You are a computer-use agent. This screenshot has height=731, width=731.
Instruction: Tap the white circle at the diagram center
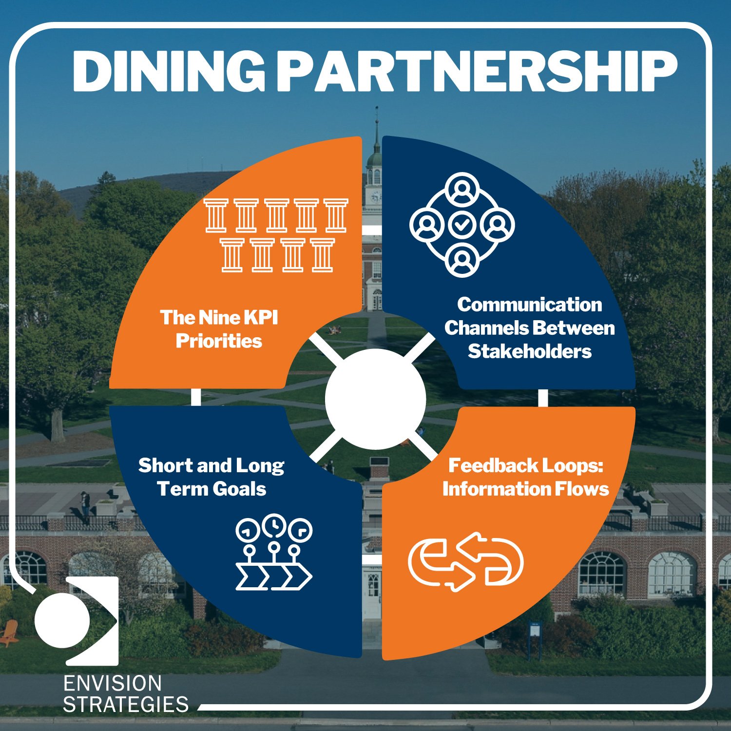pos(375,399)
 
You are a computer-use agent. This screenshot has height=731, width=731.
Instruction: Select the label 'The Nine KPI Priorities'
pos(219,329)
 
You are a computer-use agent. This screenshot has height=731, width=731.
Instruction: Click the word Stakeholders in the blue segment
pos(530,351)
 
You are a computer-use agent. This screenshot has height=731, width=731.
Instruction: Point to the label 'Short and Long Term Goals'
pos(212,477)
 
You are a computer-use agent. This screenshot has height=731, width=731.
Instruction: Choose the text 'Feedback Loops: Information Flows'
pos(525,477)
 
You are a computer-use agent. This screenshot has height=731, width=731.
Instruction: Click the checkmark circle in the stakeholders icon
pos(462,225)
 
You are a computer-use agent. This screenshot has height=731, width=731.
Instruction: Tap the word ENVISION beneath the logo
pos(113,684)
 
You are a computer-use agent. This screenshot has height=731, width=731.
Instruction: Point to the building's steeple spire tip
pos(376,110)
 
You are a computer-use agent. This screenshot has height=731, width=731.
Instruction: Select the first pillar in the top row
pos(216,215)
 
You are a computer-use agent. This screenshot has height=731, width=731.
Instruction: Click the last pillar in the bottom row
pos(323,254)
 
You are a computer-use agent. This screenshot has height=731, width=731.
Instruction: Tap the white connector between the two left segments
pos(196,397)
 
